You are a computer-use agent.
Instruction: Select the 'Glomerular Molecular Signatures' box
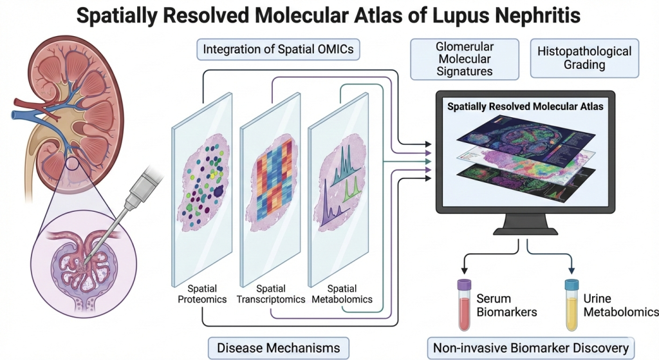[x=465, y=59]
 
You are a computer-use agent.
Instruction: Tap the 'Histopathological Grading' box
[x=584, y=57]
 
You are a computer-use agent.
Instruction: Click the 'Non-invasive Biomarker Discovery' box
[x=530, y=348]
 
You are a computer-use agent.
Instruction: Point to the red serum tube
[x=464, y=306]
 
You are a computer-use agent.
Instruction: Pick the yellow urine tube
[x=570, y=306]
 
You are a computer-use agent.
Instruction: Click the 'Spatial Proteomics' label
[x=201, y=294]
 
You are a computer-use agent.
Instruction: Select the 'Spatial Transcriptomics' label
[x=270, y=294]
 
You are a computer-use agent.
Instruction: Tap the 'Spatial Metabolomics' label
[x=342, y=294]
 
